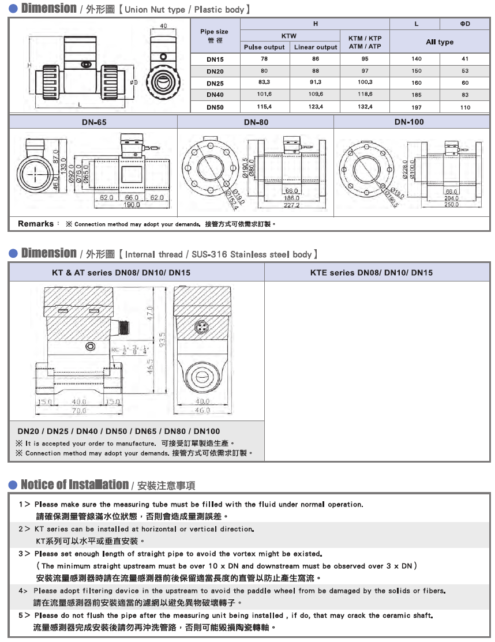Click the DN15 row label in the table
coord(215,59)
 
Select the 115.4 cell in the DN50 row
coord(264,107)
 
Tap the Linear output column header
coord(315,47)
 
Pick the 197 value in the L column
coord(417,107)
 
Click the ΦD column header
coord(465,24)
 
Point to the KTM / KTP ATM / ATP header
coord(365,42)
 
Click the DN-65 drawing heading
coord(93,122)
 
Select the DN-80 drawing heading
coord(256,122)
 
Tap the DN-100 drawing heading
coord(411,122)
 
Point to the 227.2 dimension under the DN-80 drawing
coord(291,205)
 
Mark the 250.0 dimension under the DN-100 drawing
coord(451,205)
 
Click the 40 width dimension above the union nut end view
coord(163,26)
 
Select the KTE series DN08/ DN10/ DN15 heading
coord(379,272)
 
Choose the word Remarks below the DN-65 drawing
coord(36,224)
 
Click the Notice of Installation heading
coord(74,485)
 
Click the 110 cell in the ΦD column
coord(465,107)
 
